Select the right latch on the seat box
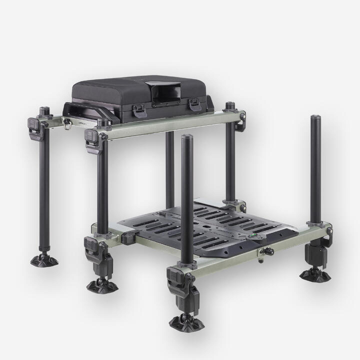pos(194,104)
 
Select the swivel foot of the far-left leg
pos(44,260)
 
